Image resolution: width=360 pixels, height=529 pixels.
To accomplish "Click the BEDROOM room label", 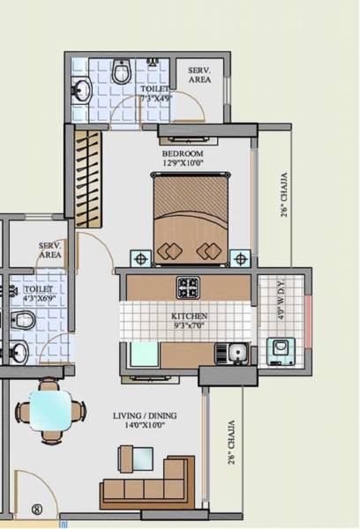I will (183, 153).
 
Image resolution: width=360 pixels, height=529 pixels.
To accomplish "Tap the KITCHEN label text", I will (189, 316).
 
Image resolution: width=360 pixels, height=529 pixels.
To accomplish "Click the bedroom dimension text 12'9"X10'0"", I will (183, 163).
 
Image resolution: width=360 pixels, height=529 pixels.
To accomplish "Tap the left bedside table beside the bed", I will (140, 258).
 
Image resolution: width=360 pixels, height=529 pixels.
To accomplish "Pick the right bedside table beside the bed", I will (239, 258).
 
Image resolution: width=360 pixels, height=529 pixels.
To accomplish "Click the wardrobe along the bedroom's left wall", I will (86, 168).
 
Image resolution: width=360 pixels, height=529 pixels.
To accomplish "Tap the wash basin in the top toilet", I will (81, 89).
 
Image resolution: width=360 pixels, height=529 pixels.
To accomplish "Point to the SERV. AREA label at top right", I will (199, 74).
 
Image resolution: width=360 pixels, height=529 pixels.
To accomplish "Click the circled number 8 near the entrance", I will (36, 508).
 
